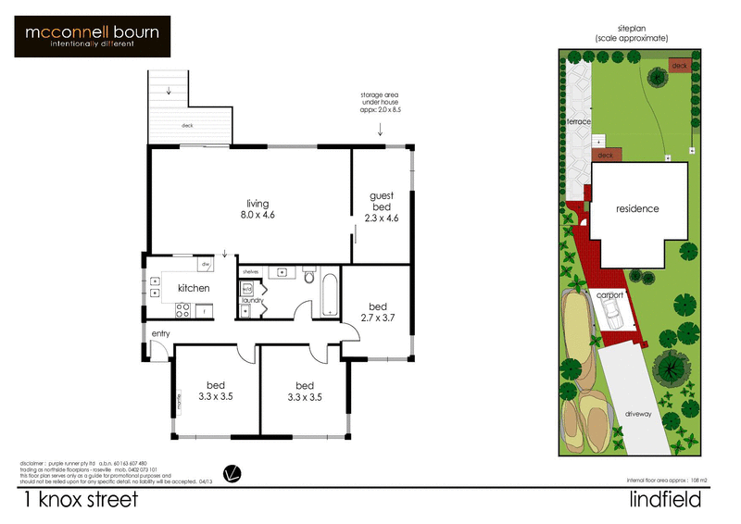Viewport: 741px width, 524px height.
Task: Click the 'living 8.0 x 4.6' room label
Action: coord(257,209)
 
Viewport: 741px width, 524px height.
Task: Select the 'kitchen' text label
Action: coord(194,288)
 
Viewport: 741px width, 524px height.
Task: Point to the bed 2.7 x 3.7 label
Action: coord(377,312)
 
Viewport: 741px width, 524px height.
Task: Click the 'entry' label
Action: coord(161,333)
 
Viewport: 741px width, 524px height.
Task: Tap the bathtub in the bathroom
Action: coord(329,293)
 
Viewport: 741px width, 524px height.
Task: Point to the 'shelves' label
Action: coord(250,271)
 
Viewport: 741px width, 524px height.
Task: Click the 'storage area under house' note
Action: coord(381,102)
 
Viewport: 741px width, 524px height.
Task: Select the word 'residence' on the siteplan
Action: coord(637,209)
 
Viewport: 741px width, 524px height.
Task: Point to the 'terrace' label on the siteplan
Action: coord(580,121)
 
